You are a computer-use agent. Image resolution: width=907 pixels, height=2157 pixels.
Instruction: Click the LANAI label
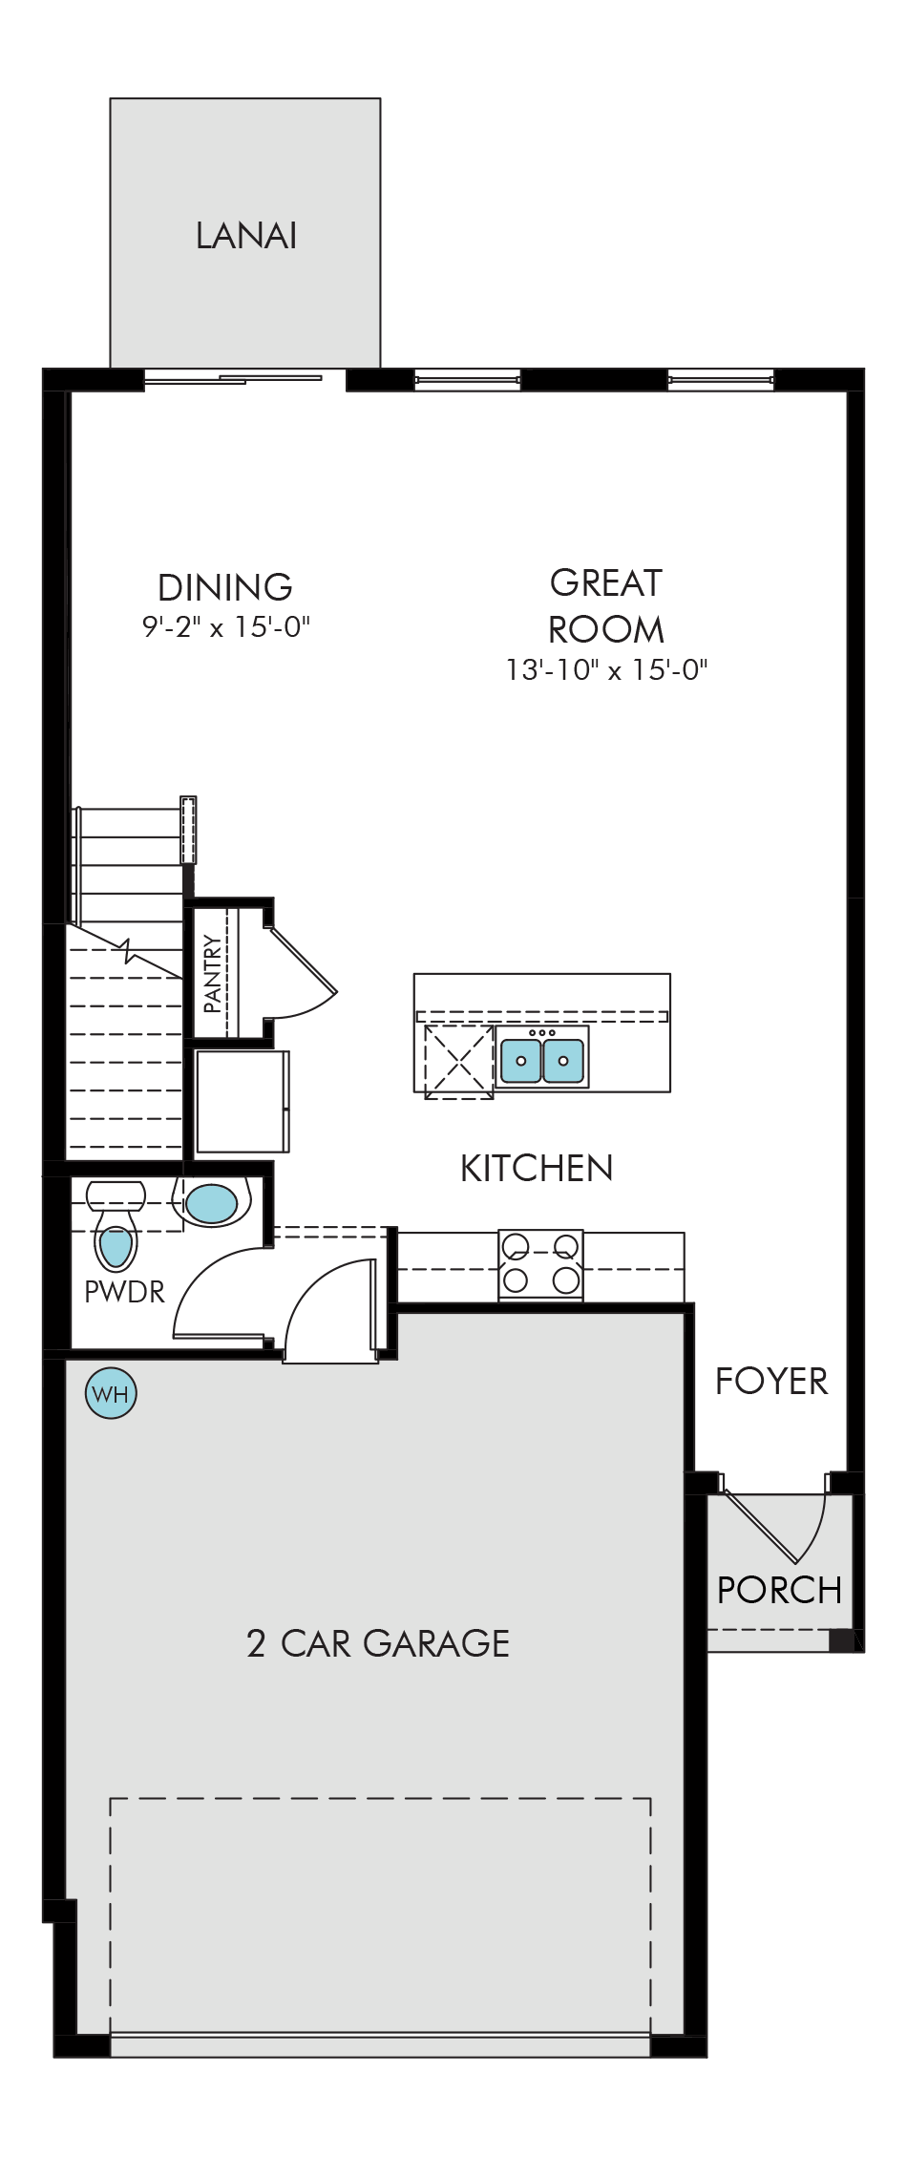[246, 236]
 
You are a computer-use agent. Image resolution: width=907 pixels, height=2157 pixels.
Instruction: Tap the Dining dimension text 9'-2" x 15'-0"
[227, 627]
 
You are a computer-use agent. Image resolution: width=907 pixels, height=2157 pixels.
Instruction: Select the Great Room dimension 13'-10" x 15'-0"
[607, 669]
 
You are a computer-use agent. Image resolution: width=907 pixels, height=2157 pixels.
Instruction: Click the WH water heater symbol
[112, 1394]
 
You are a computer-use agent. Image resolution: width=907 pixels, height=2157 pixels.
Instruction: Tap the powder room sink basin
[211, 1204]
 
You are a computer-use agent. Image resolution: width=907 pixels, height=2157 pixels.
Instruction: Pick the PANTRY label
[212, 974]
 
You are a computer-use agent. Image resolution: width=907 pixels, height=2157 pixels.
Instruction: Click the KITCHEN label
[537, 1169]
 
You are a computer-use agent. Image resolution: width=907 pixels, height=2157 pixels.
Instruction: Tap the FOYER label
[771, 1382]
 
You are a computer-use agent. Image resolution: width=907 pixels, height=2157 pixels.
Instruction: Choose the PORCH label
[779, 1591]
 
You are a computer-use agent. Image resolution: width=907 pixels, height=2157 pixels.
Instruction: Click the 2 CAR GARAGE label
[378, 1643]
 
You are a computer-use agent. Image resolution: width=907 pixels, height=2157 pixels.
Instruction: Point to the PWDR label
[124, 1292]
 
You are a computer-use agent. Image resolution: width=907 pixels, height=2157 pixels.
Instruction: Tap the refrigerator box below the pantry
[243, 1101]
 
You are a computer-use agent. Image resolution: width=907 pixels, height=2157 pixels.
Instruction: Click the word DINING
[225, 587]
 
